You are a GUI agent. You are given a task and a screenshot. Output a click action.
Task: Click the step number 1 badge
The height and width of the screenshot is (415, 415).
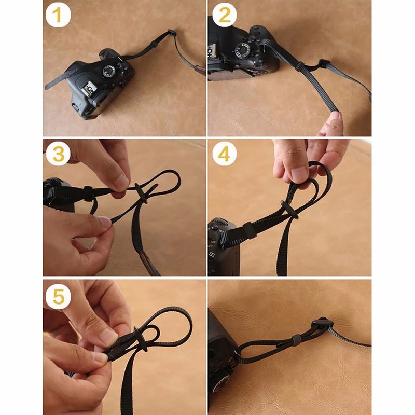point(58,15)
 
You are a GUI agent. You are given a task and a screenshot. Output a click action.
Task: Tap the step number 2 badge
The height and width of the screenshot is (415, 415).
point(225,15)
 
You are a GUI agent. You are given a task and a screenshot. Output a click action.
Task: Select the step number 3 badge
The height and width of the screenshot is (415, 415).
point(58,154)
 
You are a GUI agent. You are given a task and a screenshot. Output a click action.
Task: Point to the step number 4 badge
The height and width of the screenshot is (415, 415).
point(225,154)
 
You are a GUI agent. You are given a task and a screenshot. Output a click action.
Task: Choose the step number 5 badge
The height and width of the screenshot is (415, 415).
point(58,296)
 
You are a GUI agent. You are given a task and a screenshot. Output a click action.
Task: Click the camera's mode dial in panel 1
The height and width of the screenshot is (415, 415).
point(109,71)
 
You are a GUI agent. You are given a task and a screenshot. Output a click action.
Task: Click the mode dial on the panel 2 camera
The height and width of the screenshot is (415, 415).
point(242,50)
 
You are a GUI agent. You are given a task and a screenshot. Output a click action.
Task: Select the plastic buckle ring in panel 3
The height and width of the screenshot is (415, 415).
point(141,193)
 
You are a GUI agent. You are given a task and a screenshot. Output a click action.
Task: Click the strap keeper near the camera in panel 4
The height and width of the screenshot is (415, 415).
point(250,230)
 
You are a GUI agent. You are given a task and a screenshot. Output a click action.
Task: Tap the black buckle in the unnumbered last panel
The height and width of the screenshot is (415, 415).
point(321,324)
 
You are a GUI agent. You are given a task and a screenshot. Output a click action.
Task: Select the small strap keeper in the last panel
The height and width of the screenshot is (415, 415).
point(296,340)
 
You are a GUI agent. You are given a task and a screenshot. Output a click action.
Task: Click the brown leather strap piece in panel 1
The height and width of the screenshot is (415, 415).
point(201,70)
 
